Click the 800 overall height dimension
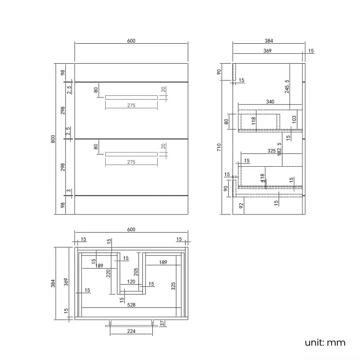54,139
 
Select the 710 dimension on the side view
219,147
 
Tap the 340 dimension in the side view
270,102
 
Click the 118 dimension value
254,120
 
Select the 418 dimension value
263,178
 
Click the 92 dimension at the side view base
241,205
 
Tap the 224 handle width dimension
131,331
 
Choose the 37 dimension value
162,323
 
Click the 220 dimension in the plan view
109,272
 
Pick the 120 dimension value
131,281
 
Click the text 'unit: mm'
325,342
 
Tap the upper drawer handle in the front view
131,97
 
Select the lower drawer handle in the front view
131,154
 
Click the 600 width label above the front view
131,41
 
